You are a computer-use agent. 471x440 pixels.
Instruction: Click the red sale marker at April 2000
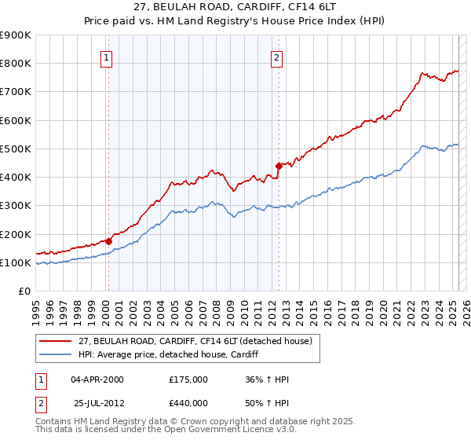coord(108,241)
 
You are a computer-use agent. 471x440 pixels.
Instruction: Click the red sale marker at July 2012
coord(279,166)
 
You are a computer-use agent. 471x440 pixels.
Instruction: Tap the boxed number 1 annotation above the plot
coord(106,57)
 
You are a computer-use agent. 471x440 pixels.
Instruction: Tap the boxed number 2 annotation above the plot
coord(277,57)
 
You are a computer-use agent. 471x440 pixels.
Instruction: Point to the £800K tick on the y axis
coord(16,63)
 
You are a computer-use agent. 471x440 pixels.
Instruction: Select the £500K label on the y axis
coord(16,148)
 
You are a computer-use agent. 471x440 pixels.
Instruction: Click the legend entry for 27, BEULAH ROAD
coord(188,340)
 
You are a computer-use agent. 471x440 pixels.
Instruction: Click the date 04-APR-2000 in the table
coord(97,379)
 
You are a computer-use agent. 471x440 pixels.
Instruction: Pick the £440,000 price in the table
coord(188,403)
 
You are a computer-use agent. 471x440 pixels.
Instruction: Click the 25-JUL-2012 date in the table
coord(97,403)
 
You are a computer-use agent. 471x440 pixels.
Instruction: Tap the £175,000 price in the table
coord(188,379)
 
